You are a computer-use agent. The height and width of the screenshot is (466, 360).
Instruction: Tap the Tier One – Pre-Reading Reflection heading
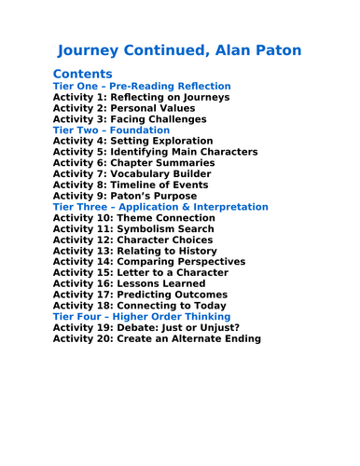pos(142,87)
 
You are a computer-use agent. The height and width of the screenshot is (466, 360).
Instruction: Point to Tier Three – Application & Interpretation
pos(160,207)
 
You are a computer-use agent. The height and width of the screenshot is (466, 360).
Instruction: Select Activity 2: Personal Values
pos(127,108)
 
